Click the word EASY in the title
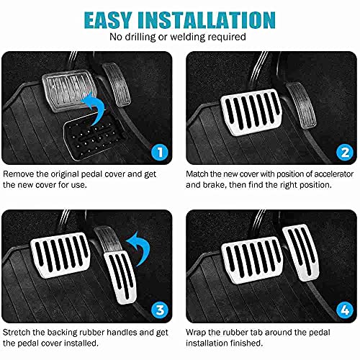[x=108, y=20]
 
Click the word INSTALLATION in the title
[x=207, y=20]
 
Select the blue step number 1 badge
[x=160, y=152]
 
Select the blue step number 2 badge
[x=345, y=152]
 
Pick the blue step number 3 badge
[x=160, y=310]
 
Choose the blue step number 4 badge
[x=345, y=310]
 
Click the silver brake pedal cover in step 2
[x=251, y=112]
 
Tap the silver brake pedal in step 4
[x=252, y=260]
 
